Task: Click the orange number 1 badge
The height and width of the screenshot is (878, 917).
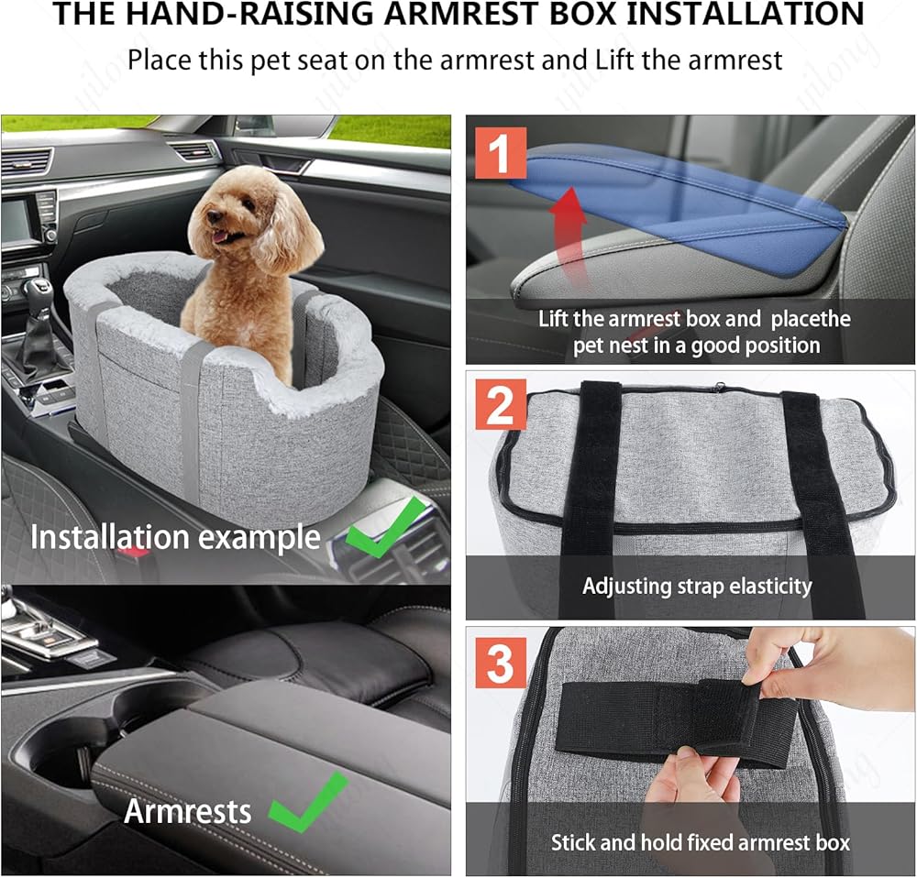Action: coord(500,152)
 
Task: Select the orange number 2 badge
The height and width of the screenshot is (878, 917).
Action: coord(500,404)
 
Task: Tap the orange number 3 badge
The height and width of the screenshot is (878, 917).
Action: coord(500,663)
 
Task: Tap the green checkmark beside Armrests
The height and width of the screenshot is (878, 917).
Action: coord(308,801)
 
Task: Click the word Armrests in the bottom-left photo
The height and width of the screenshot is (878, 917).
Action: coord(188,811)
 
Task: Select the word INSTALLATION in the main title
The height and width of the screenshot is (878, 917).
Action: coord(745,14)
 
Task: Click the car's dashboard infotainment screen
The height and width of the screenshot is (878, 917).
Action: coord(17,220)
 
